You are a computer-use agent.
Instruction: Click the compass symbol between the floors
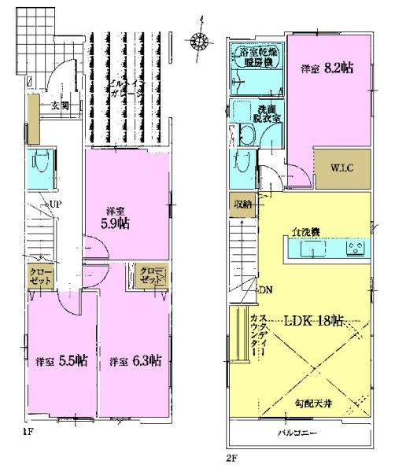(201, 40)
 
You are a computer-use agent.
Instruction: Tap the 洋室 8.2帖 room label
(327, 68)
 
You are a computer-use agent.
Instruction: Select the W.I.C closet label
(341, 168)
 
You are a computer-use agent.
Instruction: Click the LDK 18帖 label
(315, 320)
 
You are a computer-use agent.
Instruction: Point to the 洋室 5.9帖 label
(119, 218)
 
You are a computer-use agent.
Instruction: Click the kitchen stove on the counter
(353, 250)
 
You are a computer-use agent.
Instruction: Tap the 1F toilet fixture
(39, 167)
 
